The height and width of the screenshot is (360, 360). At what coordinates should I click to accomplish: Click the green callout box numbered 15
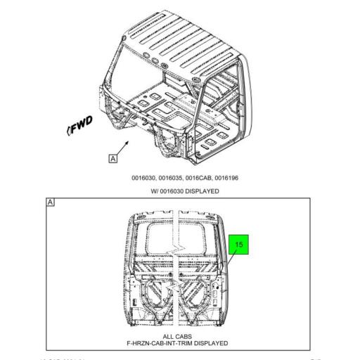click(x=238, y=245)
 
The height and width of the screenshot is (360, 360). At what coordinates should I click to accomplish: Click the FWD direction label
click(x=79, y=127)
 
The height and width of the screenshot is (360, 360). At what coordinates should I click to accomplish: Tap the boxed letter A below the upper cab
click(x=112, y=158)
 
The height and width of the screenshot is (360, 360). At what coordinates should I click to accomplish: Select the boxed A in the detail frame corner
click(x=51, y=202)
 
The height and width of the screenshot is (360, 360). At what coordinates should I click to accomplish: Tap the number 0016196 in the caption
click(x=224, y=178)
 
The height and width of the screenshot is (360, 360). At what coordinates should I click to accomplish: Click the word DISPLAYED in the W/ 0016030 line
click(x=201, y=191)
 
